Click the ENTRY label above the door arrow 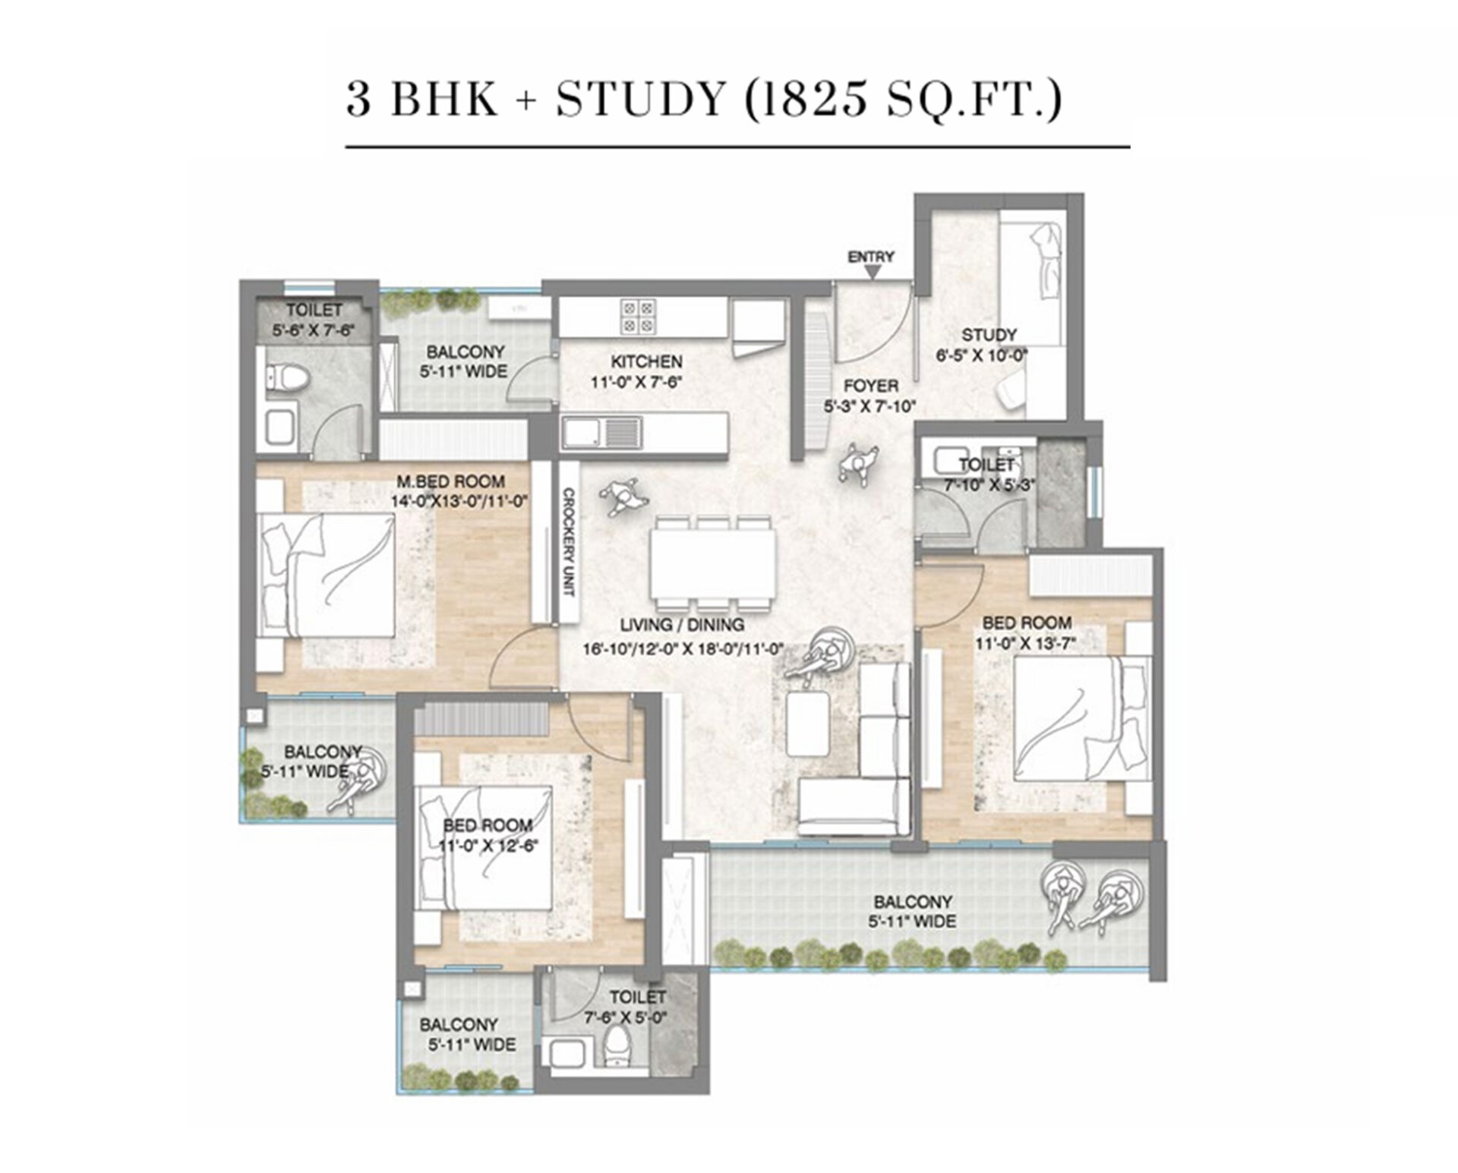tap(871, 257)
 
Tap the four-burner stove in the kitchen tap(637, 317)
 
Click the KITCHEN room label tap(646, 361)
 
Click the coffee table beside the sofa tap(807, 725)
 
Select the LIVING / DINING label tap(681, 626)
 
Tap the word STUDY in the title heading tap(640, 99)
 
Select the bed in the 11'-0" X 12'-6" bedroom tap(484, 849)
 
